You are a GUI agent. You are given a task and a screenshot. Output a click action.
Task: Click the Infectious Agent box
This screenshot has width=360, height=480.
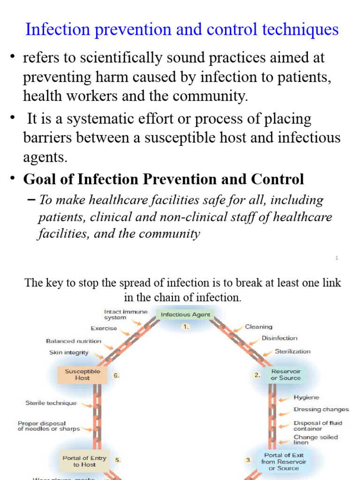tap(186, 315)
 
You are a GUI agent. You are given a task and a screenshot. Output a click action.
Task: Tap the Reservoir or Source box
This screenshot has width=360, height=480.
tap(285, 375)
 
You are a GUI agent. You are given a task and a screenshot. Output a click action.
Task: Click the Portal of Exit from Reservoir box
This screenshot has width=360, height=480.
tap(284, 461)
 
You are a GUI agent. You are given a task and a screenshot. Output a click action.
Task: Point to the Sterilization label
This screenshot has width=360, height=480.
tap(292, 351)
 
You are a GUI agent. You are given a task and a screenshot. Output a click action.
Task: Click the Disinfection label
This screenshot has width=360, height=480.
tap(279, 338)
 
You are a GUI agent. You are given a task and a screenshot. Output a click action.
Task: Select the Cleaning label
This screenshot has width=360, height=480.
tap(258, 327)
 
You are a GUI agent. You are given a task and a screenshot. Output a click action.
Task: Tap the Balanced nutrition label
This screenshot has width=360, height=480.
tap(74, 341)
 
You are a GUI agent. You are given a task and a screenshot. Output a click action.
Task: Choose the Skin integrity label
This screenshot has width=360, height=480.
tap(68, 352)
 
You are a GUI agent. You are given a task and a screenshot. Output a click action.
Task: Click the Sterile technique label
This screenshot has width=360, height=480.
tap(51, 403)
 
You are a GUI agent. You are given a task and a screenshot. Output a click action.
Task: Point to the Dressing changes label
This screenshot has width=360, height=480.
tap(321, 409)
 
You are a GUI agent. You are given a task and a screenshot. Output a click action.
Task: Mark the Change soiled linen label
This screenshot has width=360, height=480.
tap(315, 440)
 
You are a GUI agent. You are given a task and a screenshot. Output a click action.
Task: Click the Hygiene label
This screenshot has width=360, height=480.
tap(306, 397)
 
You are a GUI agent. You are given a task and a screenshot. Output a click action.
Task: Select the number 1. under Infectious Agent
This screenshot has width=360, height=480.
tap(186, 327)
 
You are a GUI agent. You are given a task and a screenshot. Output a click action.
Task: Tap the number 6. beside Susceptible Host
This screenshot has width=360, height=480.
tap(116, 375)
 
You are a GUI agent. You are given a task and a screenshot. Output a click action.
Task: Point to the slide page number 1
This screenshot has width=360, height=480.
tap(337, 258)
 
